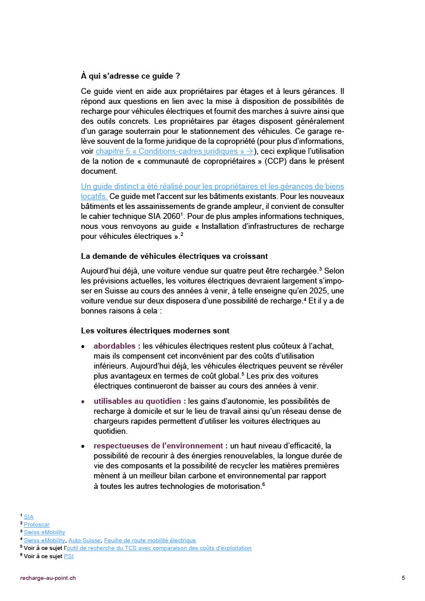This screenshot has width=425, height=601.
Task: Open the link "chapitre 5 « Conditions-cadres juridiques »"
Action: tap(174, 151)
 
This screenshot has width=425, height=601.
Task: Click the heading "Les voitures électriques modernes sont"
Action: tap(155, 331)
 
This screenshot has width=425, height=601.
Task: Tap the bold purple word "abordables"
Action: tap(114, 346)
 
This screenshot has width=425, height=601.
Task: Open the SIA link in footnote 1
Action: tap(29, 517)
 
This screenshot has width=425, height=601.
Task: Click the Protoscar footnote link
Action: tap(36, 525)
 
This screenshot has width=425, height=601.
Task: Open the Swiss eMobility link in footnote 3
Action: tap(45, 532)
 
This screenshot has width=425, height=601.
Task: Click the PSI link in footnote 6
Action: tap(69, 556)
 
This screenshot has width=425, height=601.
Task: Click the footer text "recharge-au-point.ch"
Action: tap(48, 578)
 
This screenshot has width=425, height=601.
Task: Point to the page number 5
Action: tap(403, 578)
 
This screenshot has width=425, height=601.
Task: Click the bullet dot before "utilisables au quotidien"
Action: tap(83, 401)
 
